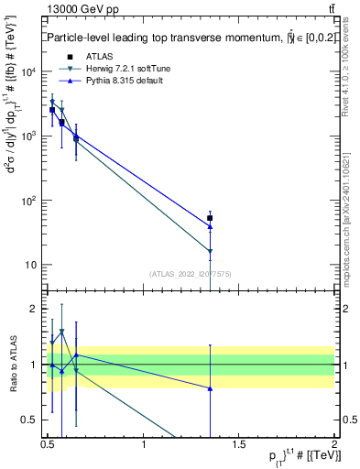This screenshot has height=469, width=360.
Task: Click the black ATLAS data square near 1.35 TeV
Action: pos(210,218)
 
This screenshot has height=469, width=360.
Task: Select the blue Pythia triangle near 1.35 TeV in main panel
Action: pos(210,226)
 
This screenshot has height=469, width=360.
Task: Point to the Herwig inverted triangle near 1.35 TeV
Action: pos(210,251)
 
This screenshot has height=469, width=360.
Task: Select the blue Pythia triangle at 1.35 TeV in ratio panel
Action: pos(210,388)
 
